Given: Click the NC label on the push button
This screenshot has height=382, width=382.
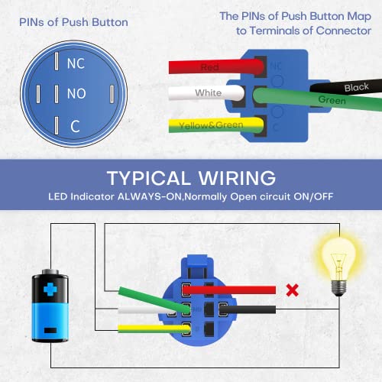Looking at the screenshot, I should [x=76, y=64].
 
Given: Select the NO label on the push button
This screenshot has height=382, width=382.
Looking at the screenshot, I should [x=76, y=94].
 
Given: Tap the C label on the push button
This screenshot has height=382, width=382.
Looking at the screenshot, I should [x=76, y=125].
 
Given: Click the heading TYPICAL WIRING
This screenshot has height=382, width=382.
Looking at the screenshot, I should [x=190, y=177].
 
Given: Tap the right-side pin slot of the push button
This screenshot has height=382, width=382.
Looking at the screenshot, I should [x=112, y=95].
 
